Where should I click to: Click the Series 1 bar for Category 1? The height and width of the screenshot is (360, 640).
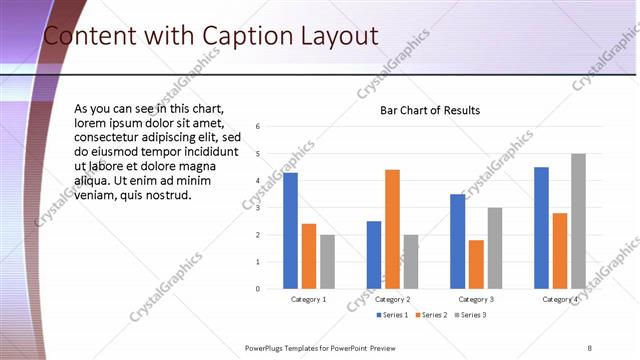click(x=290, y=230)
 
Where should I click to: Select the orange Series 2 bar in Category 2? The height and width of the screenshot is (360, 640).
click(x=392, y=229)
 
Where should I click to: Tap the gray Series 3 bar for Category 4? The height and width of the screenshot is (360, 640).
click(x=578, y=221)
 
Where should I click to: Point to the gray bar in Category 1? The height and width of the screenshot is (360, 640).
click(x=327, y=262)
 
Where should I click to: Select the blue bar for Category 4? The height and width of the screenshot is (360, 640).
click(x=541, y=227)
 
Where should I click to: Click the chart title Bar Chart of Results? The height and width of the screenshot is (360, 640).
click(x=430, y=110)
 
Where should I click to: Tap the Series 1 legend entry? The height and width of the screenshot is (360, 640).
click(x=392, y=315)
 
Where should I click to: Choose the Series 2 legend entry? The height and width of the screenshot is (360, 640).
click(x=431, y=315)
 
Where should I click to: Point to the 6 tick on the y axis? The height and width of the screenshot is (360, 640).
click(x=258, y=127)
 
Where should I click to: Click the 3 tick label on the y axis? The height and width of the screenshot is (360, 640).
click(x=258, y=208)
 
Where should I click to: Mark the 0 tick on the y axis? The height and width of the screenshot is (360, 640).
click(x=258, y=289)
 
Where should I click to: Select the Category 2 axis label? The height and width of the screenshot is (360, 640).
click(x=392, y=300)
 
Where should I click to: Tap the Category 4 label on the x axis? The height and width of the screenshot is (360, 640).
click(x=559, y=300)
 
